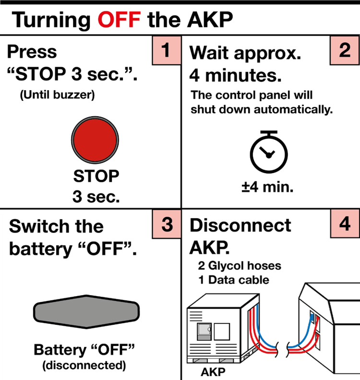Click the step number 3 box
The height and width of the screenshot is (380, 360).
point(166,225)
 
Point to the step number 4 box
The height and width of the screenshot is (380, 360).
point(344,225)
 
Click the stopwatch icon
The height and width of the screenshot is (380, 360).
point(269,154)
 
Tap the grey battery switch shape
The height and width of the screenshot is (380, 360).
point(86,312)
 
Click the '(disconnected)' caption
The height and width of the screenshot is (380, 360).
point(84,365)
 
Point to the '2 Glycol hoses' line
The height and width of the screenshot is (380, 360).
point(240,265)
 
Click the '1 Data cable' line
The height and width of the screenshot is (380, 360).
point(234,280)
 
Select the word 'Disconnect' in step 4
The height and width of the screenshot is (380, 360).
point(240,226)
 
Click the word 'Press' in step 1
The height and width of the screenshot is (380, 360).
point(32,51)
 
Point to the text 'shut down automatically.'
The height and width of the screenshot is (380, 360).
point(262,109)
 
